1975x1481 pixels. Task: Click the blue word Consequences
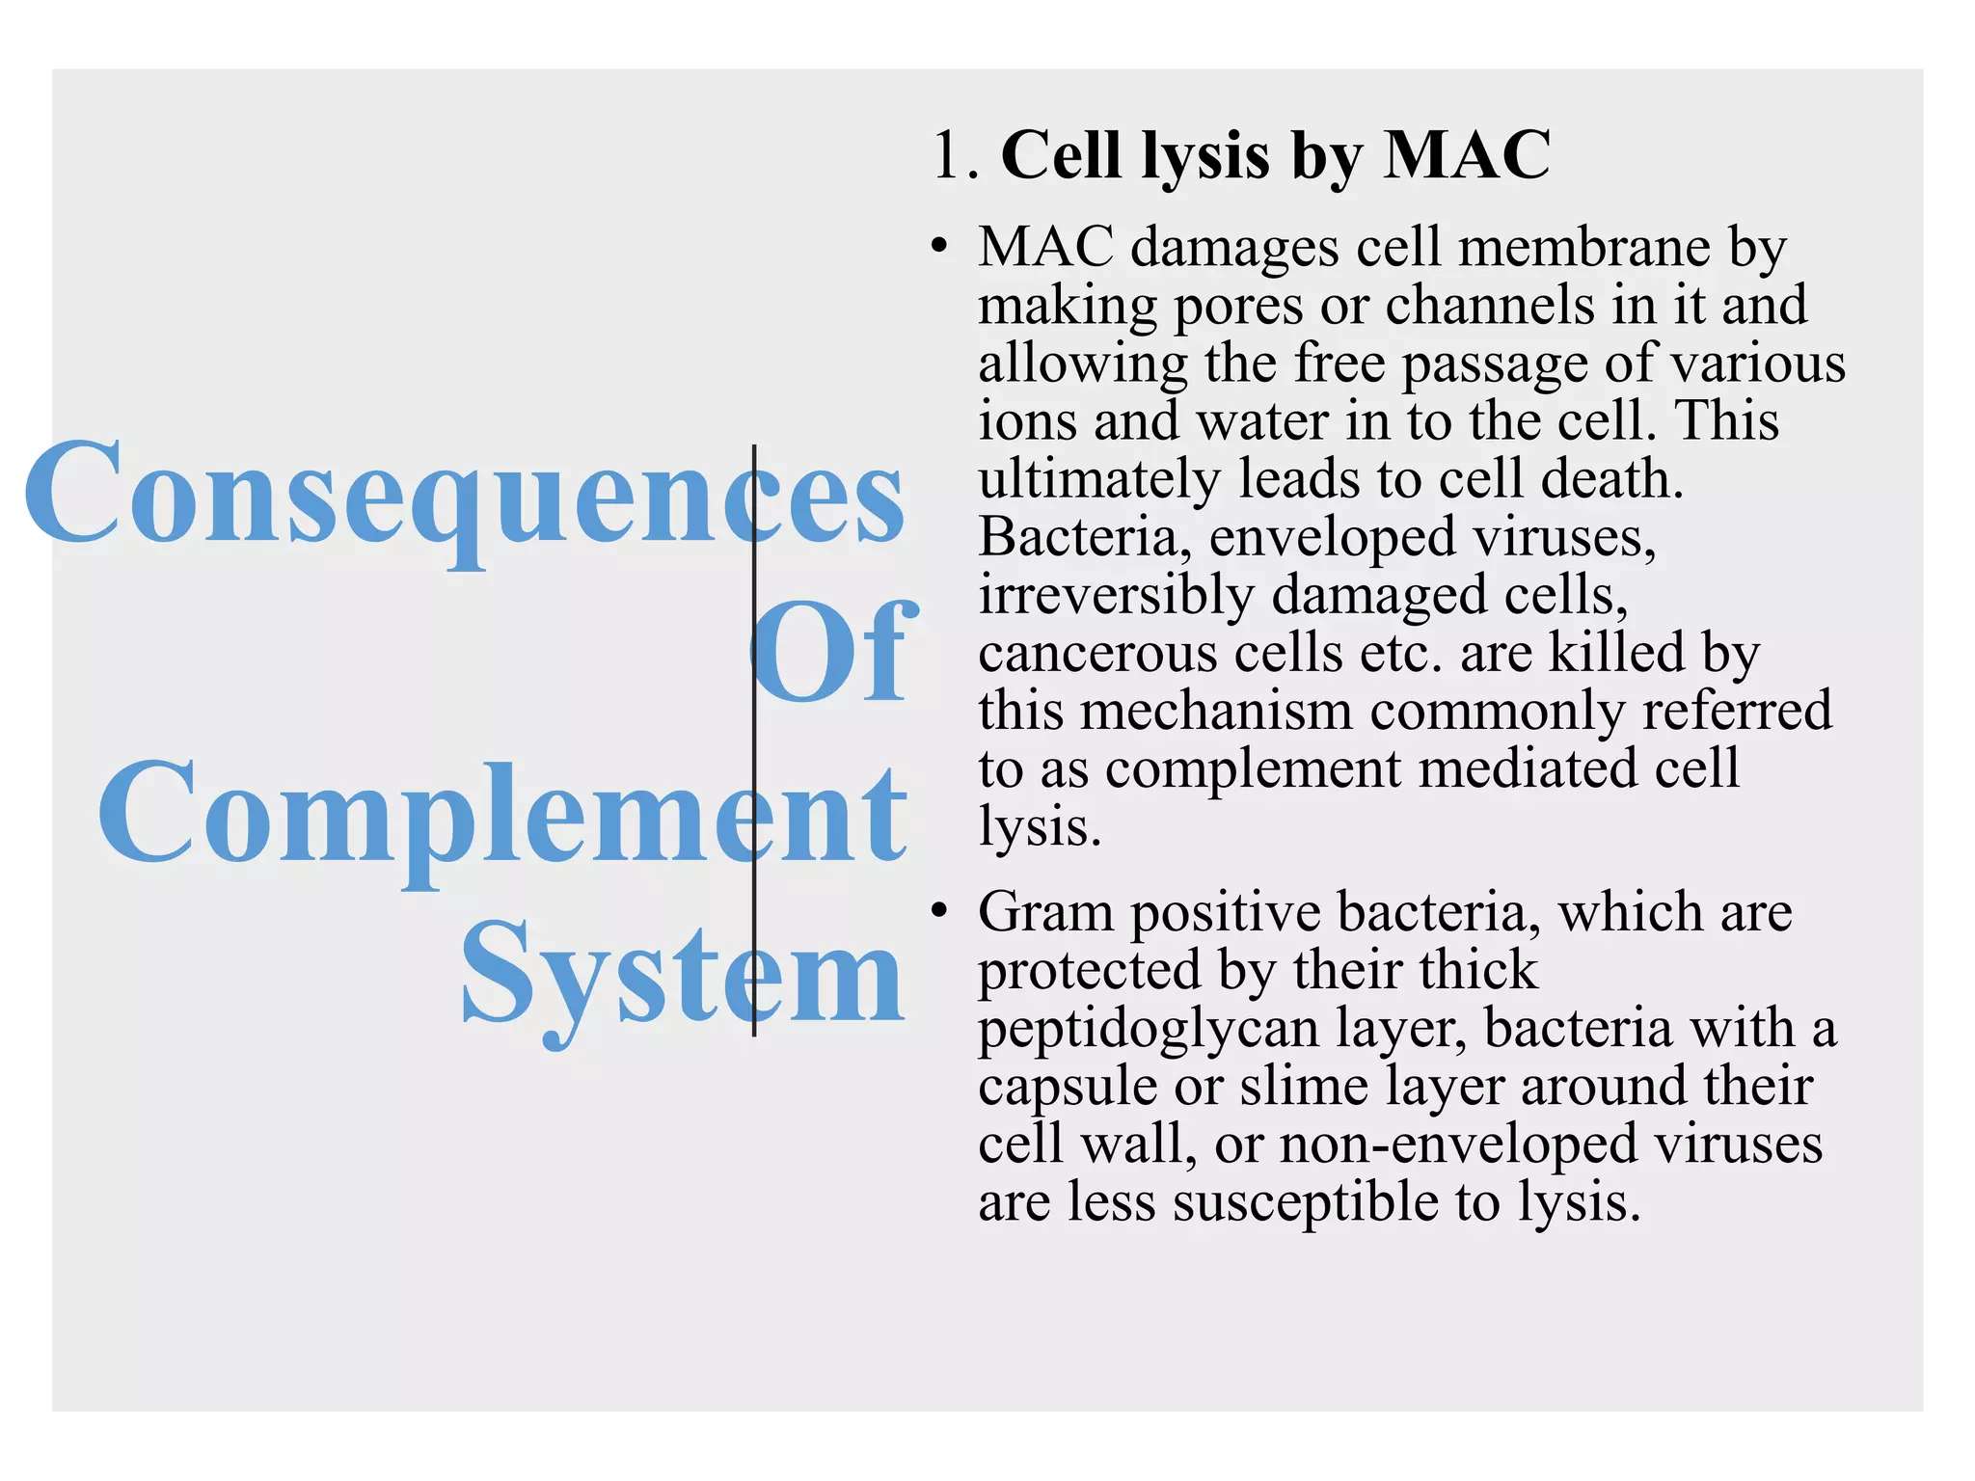(463, 493)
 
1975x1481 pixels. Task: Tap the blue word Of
(829, 653)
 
